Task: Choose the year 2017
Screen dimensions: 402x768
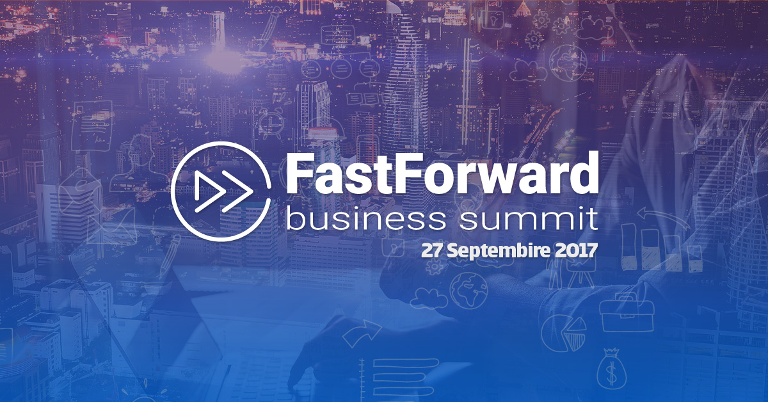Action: [575, 250]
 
